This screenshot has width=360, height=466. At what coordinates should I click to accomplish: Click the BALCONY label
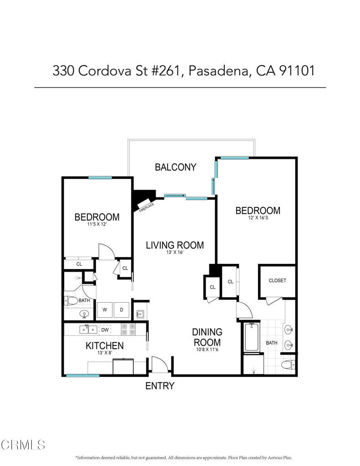pos(175,167)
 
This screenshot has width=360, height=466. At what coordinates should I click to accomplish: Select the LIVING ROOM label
pos(175,245)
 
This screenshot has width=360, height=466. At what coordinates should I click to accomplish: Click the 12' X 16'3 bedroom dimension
pos(258,218)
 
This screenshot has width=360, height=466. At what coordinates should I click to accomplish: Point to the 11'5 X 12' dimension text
pos(97,224)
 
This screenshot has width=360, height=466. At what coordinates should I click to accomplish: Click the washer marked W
pos(105,310)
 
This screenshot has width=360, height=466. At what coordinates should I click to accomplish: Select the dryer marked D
pos(122,310)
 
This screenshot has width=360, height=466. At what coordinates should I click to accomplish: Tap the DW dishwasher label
pos(105,330)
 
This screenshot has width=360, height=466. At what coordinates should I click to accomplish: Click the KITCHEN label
pos(105,346)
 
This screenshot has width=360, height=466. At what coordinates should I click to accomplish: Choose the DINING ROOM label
pos(207,337)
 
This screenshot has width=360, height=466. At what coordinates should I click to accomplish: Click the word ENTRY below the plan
pos(160,386)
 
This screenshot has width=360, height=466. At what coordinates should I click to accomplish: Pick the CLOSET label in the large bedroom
pos(277,280)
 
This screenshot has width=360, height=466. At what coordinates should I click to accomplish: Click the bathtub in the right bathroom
pos(252,337)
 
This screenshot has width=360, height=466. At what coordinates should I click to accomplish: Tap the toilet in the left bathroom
pos(71,300)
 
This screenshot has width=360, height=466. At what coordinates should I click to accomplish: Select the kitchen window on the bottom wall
pos(83,375)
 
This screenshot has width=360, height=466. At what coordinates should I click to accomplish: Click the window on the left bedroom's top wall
pos(100,178)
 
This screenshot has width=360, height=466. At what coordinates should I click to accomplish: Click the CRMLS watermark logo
pos(23,445)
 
